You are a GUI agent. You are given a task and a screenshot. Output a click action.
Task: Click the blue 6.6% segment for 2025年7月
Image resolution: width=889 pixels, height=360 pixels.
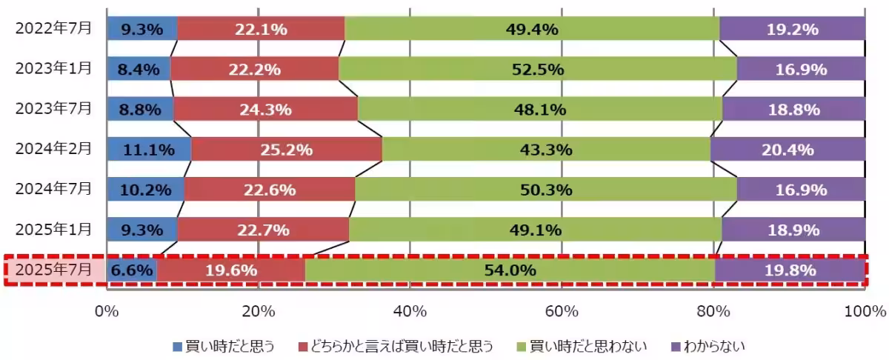point(132,270)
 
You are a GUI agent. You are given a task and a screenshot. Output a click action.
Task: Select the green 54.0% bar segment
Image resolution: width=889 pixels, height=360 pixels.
point(510,270)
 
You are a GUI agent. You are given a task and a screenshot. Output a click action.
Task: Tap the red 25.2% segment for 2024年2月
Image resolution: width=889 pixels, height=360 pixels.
point(287,150)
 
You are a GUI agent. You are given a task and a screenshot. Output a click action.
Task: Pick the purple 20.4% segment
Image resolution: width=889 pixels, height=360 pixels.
point(788,150)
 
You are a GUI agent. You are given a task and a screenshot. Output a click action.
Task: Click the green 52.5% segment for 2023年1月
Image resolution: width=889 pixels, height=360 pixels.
point(538,70)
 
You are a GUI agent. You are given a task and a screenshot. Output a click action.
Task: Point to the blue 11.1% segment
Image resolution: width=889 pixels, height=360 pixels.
point(150,150)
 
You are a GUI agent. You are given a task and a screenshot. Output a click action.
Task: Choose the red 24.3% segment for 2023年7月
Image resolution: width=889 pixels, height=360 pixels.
point(265,110)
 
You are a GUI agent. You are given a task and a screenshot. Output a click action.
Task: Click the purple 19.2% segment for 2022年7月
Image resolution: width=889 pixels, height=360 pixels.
point(793,30)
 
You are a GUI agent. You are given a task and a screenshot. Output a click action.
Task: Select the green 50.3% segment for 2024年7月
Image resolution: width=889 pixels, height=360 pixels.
point(546,190)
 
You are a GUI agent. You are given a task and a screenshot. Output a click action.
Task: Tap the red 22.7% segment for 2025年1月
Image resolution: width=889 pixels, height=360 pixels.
point(263,230)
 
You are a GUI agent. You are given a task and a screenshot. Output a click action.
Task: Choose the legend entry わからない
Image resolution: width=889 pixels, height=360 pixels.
point(707,346)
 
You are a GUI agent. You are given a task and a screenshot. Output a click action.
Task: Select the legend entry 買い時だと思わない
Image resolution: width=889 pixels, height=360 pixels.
point(585,346)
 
